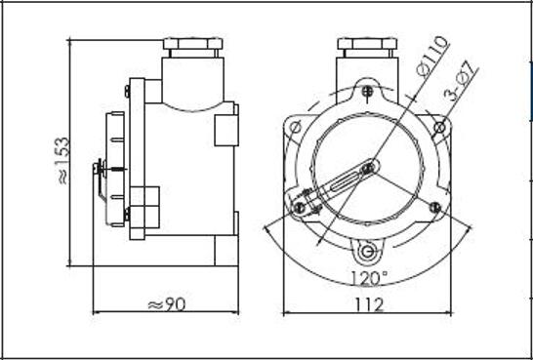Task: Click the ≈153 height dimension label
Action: (x=63, y=161)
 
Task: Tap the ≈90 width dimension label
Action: (x=167, y=304)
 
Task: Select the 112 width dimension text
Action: (x=369, y=304)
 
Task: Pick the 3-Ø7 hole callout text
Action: (x=461, y=81)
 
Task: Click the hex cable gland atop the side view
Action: (x=192, y=48)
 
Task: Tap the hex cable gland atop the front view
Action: (x=367, y=48)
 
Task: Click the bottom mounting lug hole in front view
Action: (x=367, y=252)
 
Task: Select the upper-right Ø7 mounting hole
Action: (x=439, y=128)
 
